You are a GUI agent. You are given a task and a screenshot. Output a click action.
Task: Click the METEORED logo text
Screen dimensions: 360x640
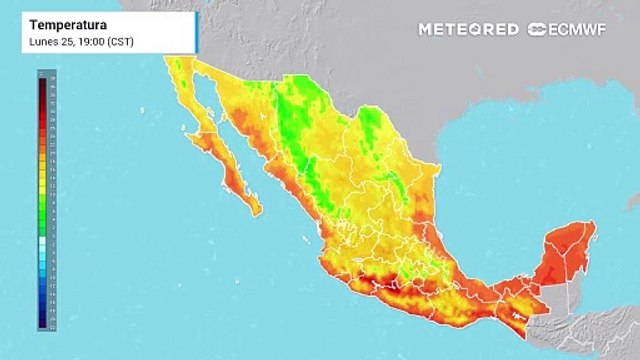click(468, 29)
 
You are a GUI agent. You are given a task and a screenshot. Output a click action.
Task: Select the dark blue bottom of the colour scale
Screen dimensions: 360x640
click(41, 322)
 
